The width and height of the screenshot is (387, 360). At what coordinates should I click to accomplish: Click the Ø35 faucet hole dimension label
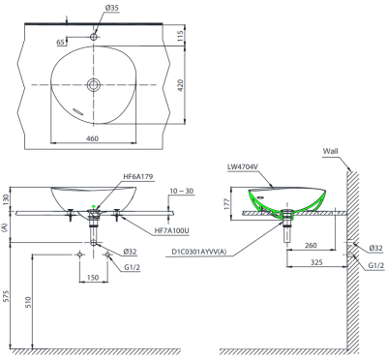pyautogui.click(x=111, y=9)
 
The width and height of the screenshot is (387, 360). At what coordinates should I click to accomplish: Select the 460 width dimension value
pyautogui.click(x=93, y=138)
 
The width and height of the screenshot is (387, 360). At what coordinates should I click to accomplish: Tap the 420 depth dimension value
pyautogui.click(x=180, y=85)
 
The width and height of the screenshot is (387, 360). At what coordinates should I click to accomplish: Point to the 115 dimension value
pyautogui.click(x=180, y=35)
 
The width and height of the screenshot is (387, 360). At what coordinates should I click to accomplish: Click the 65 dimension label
pyautogui.click(x=60, y=43)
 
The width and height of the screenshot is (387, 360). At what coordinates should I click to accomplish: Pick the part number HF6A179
pyautogui.click(x=138, y=176)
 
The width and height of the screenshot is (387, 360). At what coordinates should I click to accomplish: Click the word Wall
pyautogui.click(x=331, y=151)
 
